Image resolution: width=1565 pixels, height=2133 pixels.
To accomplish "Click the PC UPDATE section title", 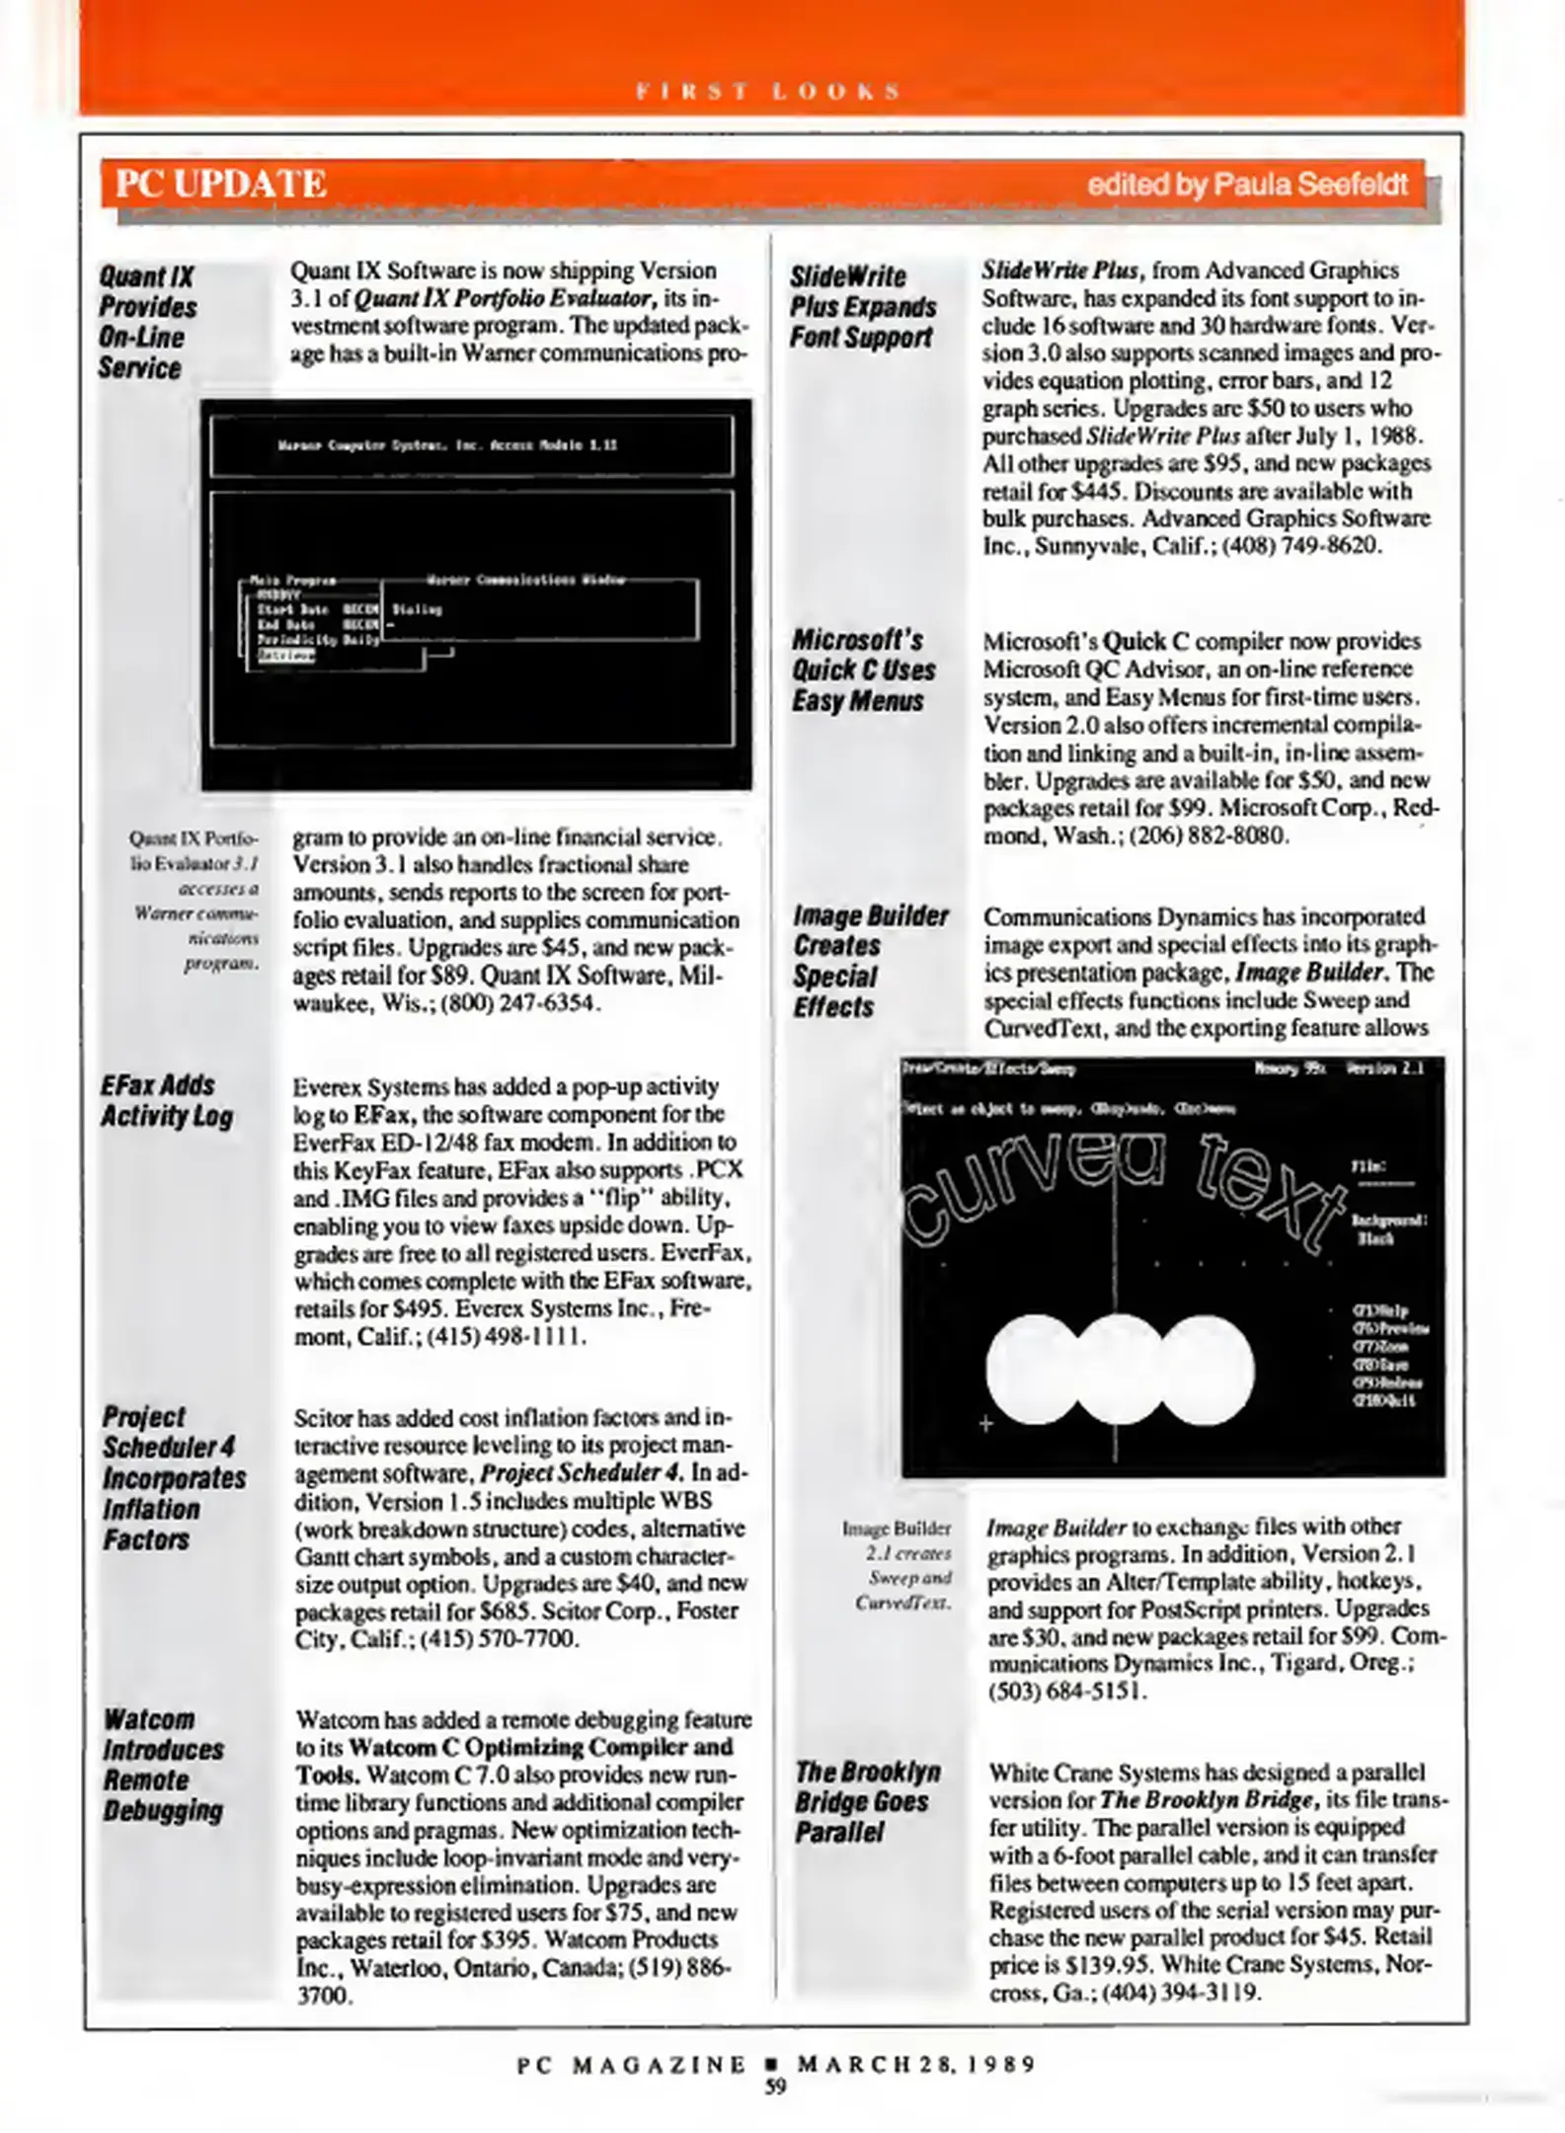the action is point(221,185).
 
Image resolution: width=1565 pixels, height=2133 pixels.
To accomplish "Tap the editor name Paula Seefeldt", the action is point(1247,185).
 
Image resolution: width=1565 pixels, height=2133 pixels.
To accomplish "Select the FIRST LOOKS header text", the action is point(769,92).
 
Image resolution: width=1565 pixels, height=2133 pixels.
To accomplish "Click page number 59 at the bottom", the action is point(775,2087).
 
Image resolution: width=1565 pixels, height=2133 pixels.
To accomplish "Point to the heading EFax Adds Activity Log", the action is point(166,1101).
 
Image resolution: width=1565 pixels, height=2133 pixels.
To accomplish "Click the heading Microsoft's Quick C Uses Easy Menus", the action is point(862,670).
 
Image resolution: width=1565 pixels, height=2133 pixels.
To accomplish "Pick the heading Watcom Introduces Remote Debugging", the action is point(163,1765).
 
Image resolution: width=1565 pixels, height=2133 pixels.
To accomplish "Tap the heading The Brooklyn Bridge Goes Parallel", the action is point(867,1802).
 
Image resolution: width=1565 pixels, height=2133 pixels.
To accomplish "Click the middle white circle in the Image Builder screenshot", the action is point(1120,1370).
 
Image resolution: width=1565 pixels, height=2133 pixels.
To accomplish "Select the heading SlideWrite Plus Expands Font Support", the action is point(862,306).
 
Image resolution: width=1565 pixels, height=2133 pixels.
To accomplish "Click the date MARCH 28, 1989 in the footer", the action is point(916,2065).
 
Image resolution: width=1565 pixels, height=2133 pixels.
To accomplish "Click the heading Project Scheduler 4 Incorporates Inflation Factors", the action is point(173,1477).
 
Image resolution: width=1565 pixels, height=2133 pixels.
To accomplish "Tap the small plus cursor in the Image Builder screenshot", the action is point(984,1424).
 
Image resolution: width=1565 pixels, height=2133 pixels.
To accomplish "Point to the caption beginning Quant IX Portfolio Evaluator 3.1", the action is point(196,900).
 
